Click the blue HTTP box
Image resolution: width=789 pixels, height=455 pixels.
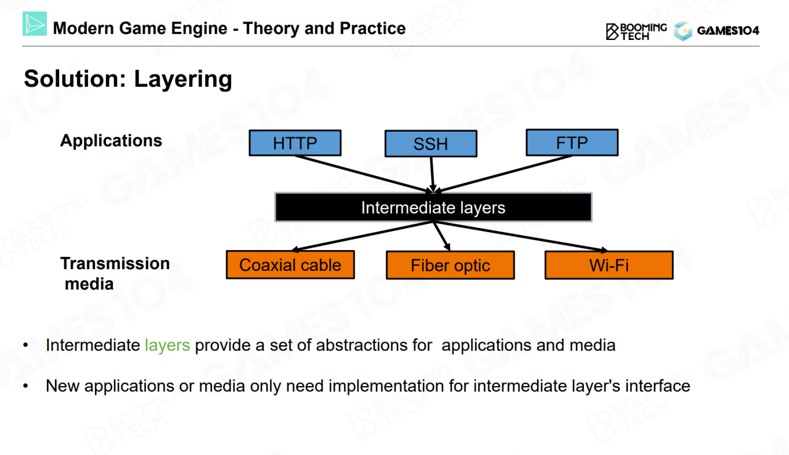(x=295, y=143)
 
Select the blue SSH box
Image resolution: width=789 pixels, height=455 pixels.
(x=430, y=144)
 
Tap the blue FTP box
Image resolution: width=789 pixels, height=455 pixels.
(x=571, y=142)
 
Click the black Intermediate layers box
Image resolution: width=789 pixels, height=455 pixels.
(x=433, y=207)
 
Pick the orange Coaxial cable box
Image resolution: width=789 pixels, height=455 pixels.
(x=290, y=265)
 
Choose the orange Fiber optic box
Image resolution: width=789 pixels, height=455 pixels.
(x=450, y=265)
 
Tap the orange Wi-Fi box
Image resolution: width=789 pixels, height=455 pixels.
(x=608, y=265)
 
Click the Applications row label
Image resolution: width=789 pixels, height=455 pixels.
(x=111, y=140)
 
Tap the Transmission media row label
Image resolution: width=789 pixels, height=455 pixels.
(x=115, y=273)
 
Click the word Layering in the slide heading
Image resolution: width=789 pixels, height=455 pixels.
(x=183, y=79)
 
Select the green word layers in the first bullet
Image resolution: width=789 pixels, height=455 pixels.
(x=167, y=345)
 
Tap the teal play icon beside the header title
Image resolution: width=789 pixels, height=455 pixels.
(x=35, y=24)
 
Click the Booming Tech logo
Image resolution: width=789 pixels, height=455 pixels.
(x=636, y=31)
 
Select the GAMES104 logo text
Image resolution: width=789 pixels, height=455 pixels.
(x=727, y=31)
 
